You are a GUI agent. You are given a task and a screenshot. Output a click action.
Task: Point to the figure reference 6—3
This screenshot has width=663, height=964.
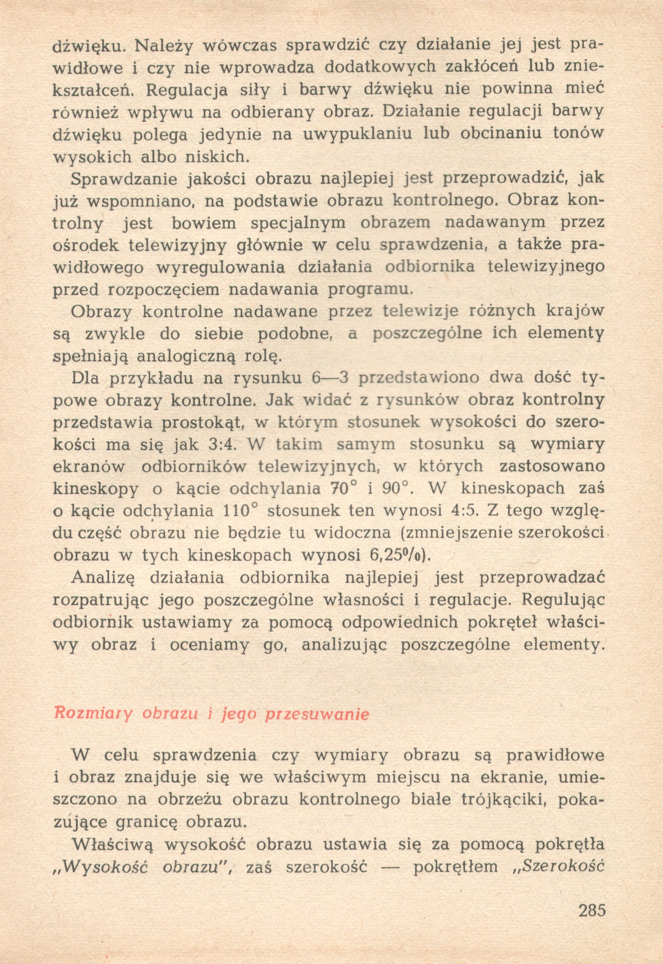click(330, 378)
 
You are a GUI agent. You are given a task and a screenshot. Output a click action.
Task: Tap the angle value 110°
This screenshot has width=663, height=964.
click(241, 510)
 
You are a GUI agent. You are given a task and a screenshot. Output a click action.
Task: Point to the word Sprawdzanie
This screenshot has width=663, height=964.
click(124, 179)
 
